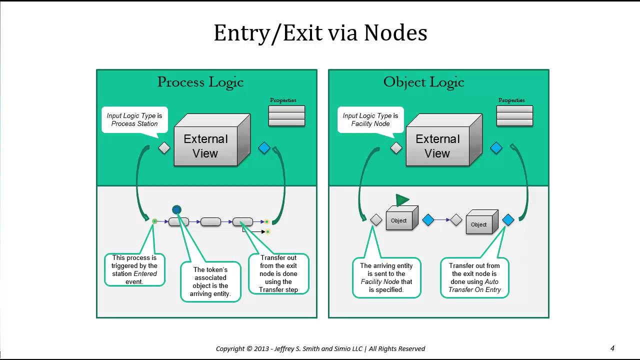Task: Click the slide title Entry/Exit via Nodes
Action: coord(320,33)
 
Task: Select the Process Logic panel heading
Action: coord(200,82)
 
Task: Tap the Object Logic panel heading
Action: coord(423,82)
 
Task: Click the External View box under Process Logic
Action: coord(212,140)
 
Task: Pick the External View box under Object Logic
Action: coord(444,140)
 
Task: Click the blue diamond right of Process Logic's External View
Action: coord(264,148)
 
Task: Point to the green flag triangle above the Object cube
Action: coord(402,199)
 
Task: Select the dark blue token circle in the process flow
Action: coord(177,209)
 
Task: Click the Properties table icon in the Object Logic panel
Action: coord(514,115)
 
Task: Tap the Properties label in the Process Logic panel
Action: coord(283,100)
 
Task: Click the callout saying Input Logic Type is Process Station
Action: coord(134,119)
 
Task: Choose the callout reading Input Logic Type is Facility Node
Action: coord(370,119)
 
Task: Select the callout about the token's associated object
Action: coord(210,281)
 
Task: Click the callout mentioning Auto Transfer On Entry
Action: coord(474,277)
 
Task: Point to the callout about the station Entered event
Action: coord(134,269)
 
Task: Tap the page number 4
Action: coord(612,348)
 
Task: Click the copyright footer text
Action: coord(320,349)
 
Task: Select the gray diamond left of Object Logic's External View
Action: coord(396,148)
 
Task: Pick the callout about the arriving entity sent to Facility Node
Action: coord(386,277)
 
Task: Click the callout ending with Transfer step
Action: coord(278,273)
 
